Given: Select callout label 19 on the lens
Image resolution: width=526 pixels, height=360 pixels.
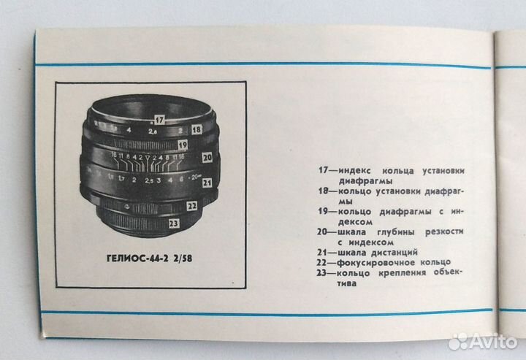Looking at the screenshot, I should [183, 145].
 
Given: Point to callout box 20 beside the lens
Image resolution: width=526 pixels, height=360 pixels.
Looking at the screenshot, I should [207, 156].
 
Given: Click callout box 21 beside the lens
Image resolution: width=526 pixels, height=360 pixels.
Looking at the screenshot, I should [207, 182].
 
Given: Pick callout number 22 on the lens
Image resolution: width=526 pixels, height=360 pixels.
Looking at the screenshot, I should [192, 207].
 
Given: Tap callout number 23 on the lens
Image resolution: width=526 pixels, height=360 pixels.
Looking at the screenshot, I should [174, 223].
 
